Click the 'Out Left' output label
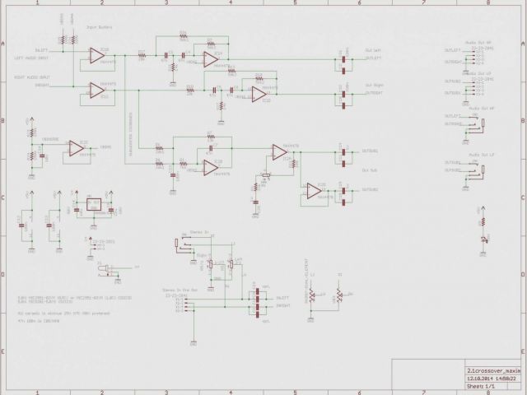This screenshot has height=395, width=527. [373, 51]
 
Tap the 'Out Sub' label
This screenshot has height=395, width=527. [369, 170]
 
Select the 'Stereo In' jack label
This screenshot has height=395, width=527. [199, 233]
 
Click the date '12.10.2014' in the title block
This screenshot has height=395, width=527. [475, 378]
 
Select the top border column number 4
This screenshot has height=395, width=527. [231, 3]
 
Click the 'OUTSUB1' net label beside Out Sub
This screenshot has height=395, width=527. [371, 151]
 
